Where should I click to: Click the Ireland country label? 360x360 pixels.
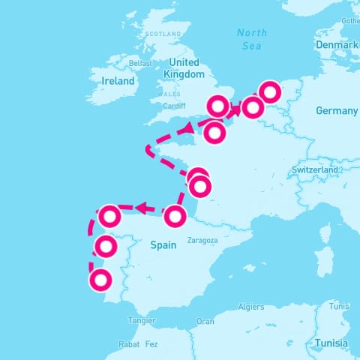point(118,81)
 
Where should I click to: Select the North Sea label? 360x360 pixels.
point(252,39)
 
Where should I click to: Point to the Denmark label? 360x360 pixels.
point(337,46)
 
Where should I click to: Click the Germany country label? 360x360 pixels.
point(337,111)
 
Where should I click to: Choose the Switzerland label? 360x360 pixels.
point(315,170)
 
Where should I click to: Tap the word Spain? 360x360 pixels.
point(163,244)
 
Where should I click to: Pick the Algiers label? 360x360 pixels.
point(250,307)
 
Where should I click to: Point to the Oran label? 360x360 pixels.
point(205,321)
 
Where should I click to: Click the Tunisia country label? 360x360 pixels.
point(332,343)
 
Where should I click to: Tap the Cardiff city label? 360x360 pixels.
point(173,106)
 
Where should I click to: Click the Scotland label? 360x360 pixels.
point(164,34)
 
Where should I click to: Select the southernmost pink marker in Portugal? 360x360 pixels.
point(100,280)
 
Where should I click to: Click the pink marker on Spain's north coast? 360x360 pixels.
point(175,217)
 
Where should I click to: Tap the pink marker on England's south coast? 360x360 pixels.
point(217,106)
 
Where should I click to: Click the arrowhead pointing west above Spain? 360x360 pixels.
point(140,208)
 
